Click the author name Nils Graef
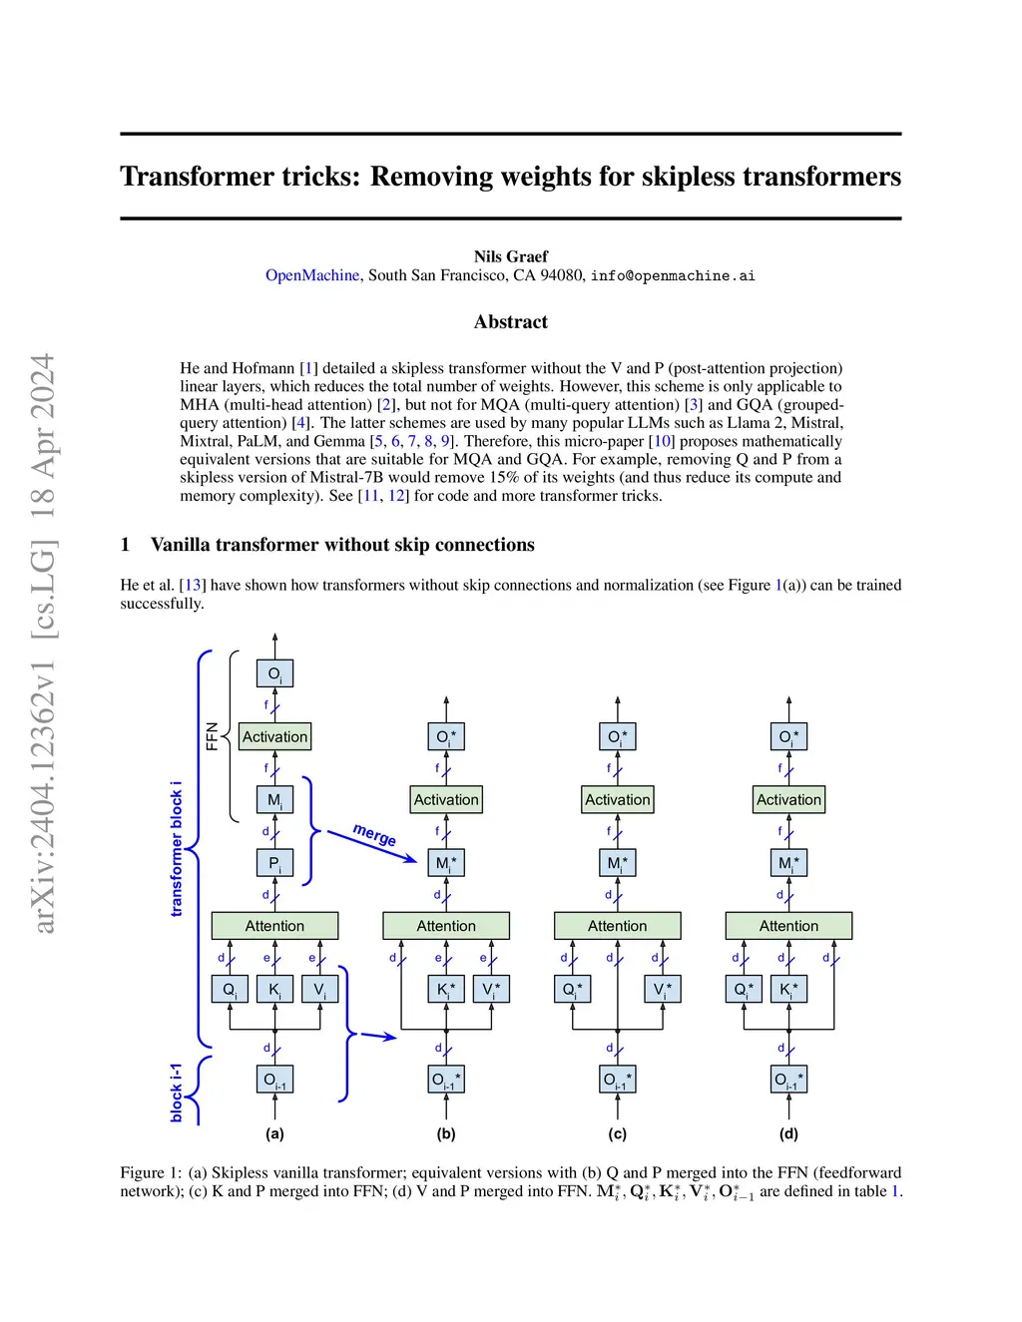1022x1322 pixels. (x=510, y=256)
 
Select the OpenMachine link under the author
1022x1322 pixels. (x=311, y=275)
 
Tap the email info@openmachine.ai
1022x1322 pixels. (x=672, y=275)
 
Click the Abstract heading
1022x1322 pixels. (x=510, y=321)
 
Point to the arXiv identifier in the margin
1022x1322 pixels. (x=43, y=644)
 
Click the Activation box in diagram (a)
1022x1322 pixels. (x=274, y=737)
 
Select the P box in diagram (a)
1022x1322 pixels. (x=274, y=863)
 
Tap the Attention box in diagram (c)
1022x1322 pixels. (x=617, y=926)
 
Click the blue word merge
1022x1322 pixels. (x=374, y=834)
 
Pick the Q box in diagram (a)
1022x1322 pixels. (x=230, y=990)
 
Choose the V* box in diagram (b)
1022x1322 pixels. (x=491, y=990)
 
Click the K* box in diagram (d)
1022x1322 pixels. (x=788, y=990)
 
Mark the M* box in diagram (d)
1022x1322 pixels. (x=788, y=863)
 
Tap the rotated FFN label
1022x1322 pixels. (x=212, y=736)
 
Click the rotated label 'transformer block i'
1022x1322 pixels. (x=177, y=848)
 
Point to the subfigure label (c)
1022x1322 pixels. (x=617, y=1133)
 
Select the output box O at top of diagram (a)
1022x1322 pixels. (x=274, y=673)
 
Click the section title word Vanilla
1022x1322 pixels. (x=181, y=545)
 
